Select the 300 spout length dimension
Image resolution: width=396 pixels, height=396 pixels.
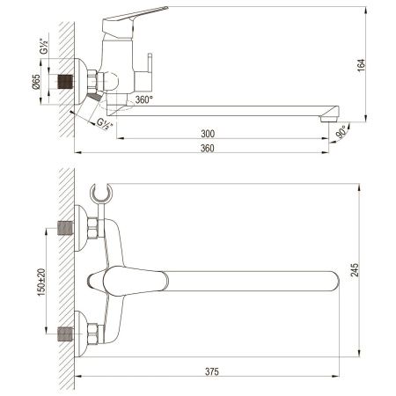[x=208, y=132]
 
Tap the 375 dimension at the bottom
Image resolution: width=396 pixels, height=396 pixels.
[x=210, y=370]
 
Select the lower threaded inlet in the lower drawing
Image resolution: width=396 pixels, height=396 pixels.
[x=63, y=333]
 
